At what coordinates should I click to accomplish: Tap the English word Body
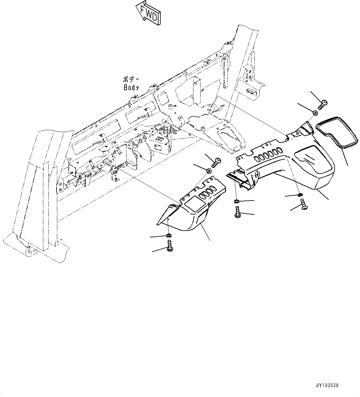[x=131, y=88]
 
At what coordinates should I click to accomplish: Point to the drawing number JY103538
[x=327, y=386]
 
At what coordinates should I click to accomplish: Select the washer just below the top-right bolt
[x=315, y=113]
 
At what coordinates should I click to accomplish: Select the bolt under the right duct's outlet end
[x=303, y=205]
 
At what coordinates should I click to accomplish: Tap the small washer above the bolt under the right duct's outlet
[x=300, y=195]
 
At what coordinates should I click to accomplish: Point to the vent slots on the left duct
[x=207, y=193]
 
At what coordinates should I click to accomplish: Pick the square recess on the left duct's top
[x=194, y=205]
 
